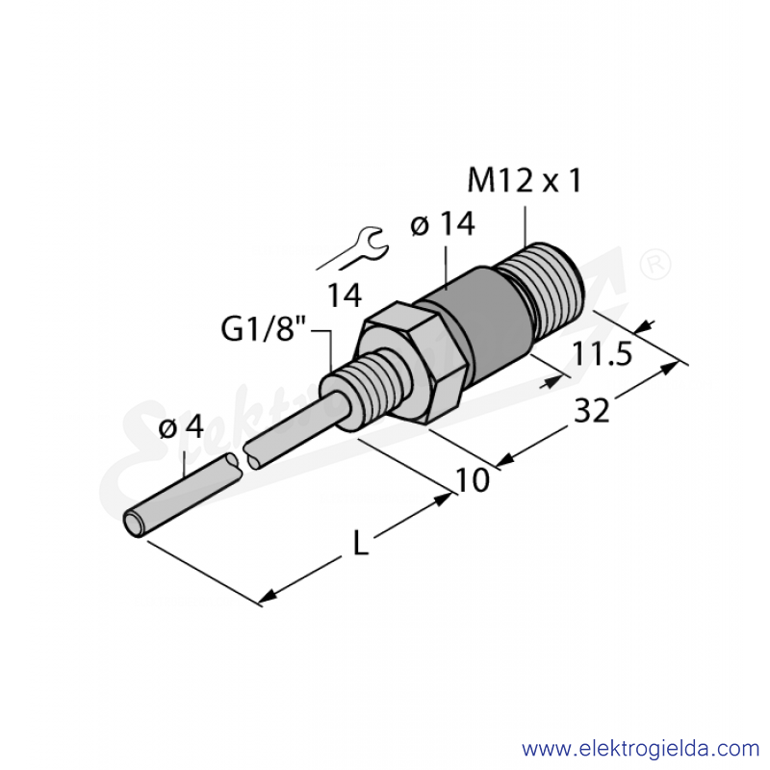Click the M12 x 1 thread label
pos(525,180)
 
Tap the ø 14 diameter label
pos(443,224)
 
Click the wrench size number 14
pos(345,295)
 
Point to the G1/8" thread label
pos(264,328)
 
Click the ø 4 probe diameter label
pos(181,426)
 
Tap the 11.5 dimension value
pos(603,353)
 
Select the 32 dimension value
pos(592,411)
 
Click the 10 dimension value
pos(473,479)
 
